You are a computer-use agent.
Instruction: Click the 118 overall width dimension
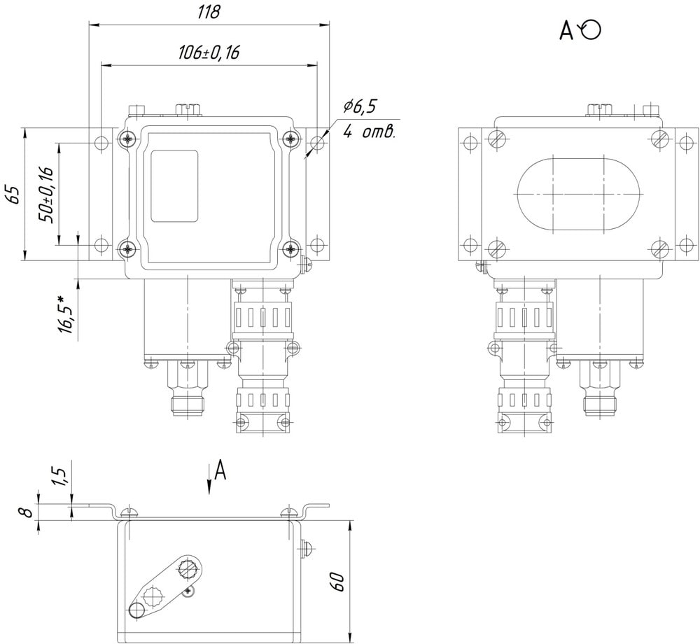pyautogui.click(x=209, y=12)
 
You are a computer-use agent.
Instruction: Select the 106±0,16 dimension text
pyautogui.click(x=209, y=52)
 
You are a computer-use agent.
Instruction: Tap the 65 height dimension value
pyautogui.click(x=14, y=194)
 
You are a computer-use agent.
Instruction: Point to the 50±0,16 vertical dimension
pyautogui.click(x=46, y=195)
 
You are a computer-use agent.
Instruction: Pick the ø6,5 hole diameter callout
pyautogui.click(x=360, y=106)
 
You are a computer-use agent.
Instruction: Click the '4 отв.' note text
pyautogui.click(x=369, y=132)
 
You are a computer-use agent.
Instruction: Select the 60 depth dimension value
pyautogui.click(x=338, y=582)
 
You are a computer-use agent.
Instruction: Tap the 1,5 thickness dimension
pyautogui.click(x=62, y=477)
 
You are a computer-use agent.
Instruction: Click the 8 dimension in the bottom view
pyautogui.click(x=28, y=512)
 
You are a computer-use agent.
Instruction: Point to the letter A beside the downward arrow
pyautogui.click(x=220, y=470)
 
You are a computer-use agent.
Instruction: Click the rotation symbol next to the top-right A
pyautogui.click(x=589, y=30)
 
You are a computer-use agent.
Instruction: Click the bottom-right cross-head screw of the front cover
pyautogui.click(x=291, y=249)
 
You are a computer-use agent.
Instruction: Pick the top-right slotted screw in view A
pyautogui.click(x=660, y=139)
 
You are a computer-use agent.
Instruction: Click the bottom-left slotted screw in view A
pyautogui.click(x=497, y=248)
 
